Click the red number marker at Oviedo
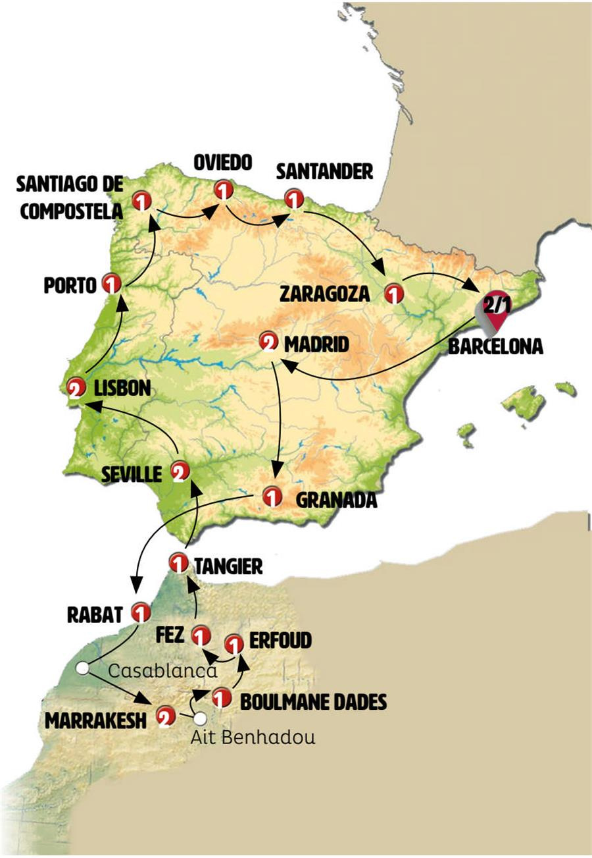224,191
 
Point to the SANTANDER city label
324,172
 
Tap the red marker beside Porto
112,284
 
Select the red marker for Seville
180,471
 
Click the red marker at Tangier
178,563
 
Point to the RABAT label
95,614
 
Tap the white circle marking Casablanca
82,668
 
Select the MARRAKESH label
95,720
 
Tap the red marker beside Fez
201,636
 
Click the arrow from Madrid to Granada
279,421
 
